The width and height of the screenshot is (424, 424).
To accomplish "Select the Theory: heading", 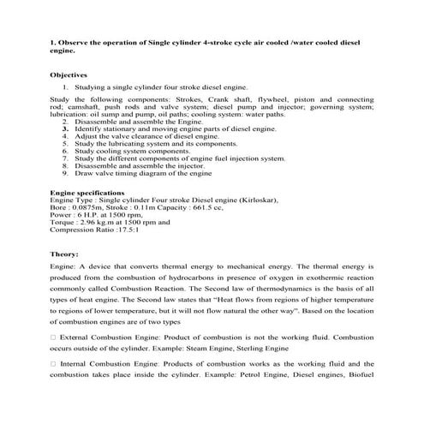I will (65, 254).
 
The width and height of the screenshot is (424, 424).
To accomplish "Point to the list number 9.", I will (65, 172).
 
